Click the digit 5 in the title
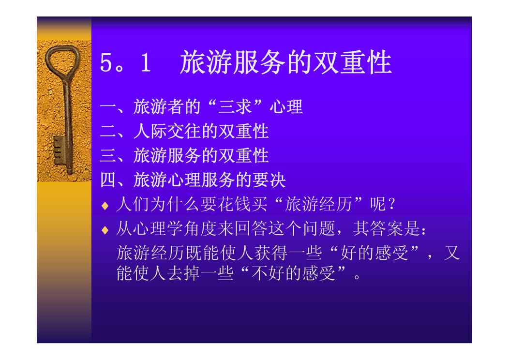point(106,62)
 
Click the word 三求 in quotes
point(235,107)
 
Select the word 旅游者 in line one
point(158,107)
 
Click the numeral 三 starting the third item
point(108,155)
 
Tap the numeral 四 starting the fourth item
point(108,180)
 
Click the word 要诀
point(269,180)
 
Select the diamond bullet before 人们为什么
point(105,206)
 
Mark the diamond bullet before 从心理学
point(105,230)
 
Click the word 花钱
point(233,204)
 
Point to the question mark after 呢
point(391,204)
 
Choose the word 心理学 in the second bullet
point(158,228)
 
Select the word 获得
point(271,253)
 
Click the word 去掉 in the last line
point(183,273)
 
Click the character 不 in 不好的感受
point(260,273)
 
